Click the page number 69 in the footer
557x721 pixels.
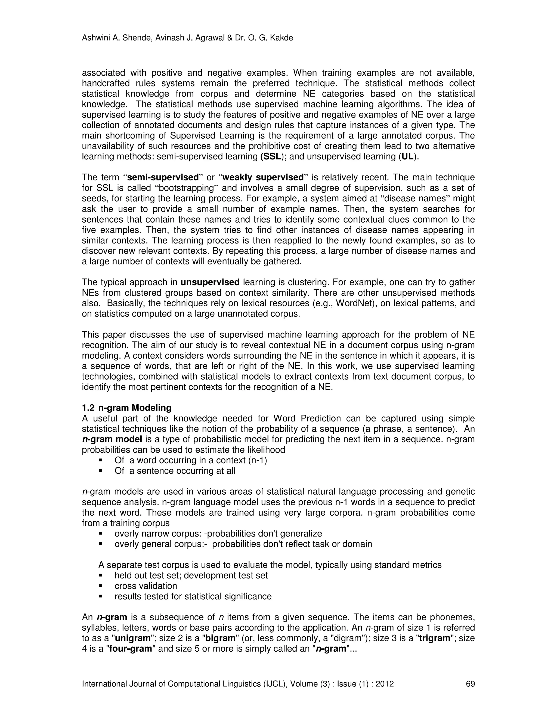[470, 684]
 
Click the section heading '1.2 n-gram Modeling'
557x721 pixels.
[127, 408]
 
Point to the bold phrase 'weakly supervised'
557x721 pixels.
[263, 178]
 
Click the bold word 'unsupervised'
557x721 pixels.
[210, 282]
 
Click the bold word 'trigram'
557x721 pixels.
[435, 638]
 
